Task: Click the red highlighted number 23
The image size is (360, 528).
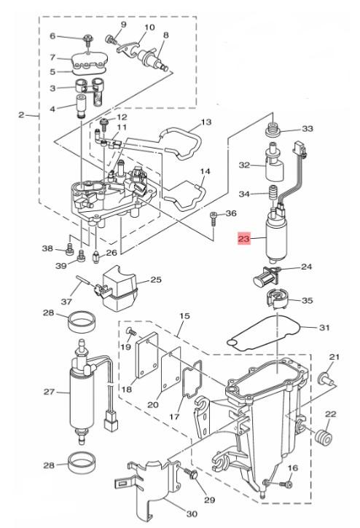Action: (x=244, y=239)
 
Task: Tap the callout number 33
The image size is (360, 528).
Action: (x=307, y=128)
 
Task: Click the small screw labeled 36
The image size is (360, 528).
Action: (x=213, y=218)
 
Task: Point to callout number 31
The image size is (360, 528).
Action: (x=324, y=327)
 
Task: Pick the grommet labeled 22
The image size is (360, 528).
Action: (x=323, y=436)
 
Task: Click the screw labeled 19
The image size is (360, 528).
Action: (x=131, y=331)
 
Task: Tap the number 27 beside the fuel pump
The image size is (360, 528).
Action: (x=50, y=392)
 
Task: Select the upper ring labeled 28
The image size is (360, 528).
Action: (x=82, y=322)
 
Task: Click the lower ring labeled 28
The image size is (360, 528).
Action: (x=82, y=464)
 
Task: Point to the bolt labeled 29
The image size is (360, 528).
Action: (x=191, y=474)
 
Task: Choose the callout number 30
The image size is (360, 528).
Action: (x=192, y=514)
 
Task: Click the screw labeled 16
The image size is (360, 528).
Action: (x=286, y=484)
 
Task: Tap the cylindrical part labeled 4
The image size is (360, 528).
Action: (x=82, y=106)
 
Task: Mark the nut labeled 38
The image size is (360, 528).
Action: (x=69, y=249)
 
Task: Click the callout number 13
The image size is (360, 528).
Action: (x=206, y=122)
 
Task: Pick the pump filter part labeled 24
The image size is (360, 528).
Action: (x=267, y=277)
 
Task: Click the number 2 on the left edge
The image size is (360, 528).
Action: (x=21, y=115)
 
